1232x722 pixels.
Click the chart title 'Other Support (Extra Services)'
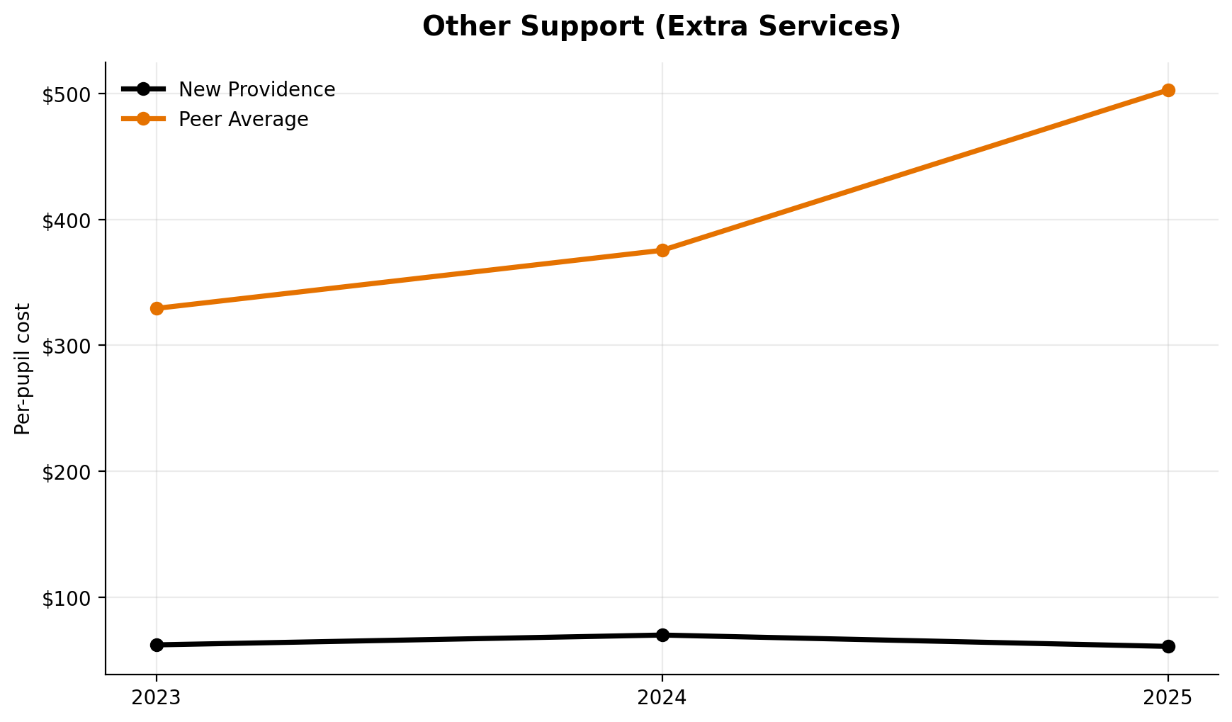coord(661,27)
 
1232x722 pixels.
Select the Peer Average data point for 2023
coord(157,308)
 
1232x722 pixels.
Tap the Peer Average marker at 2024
coord(662,250)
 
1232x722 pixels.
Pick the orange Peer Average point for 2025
coord(1168,90)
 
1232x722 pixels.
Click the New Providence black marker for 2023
coord(157,645)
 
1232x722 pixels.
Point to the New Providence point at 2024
coord(662,635)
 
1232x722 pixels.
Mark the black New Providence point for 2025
coord(1168,646)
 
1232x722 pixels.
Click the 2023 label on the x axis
coord(157,698)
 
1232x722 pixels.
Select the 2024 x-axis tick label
coord(662,698)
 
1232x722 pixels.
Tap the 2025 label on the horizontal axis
coord(1168,698)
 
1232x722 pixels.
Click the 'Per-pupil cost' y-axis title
coord(23,368)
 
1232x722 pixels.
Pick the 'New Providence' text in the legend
coord(256,90)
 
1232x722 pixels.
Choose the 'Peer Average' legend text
coord(243,119)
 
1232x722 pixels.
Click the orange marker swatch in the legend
coord(143,118)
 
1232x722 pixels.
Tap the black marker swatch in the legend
coord(143,89)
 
